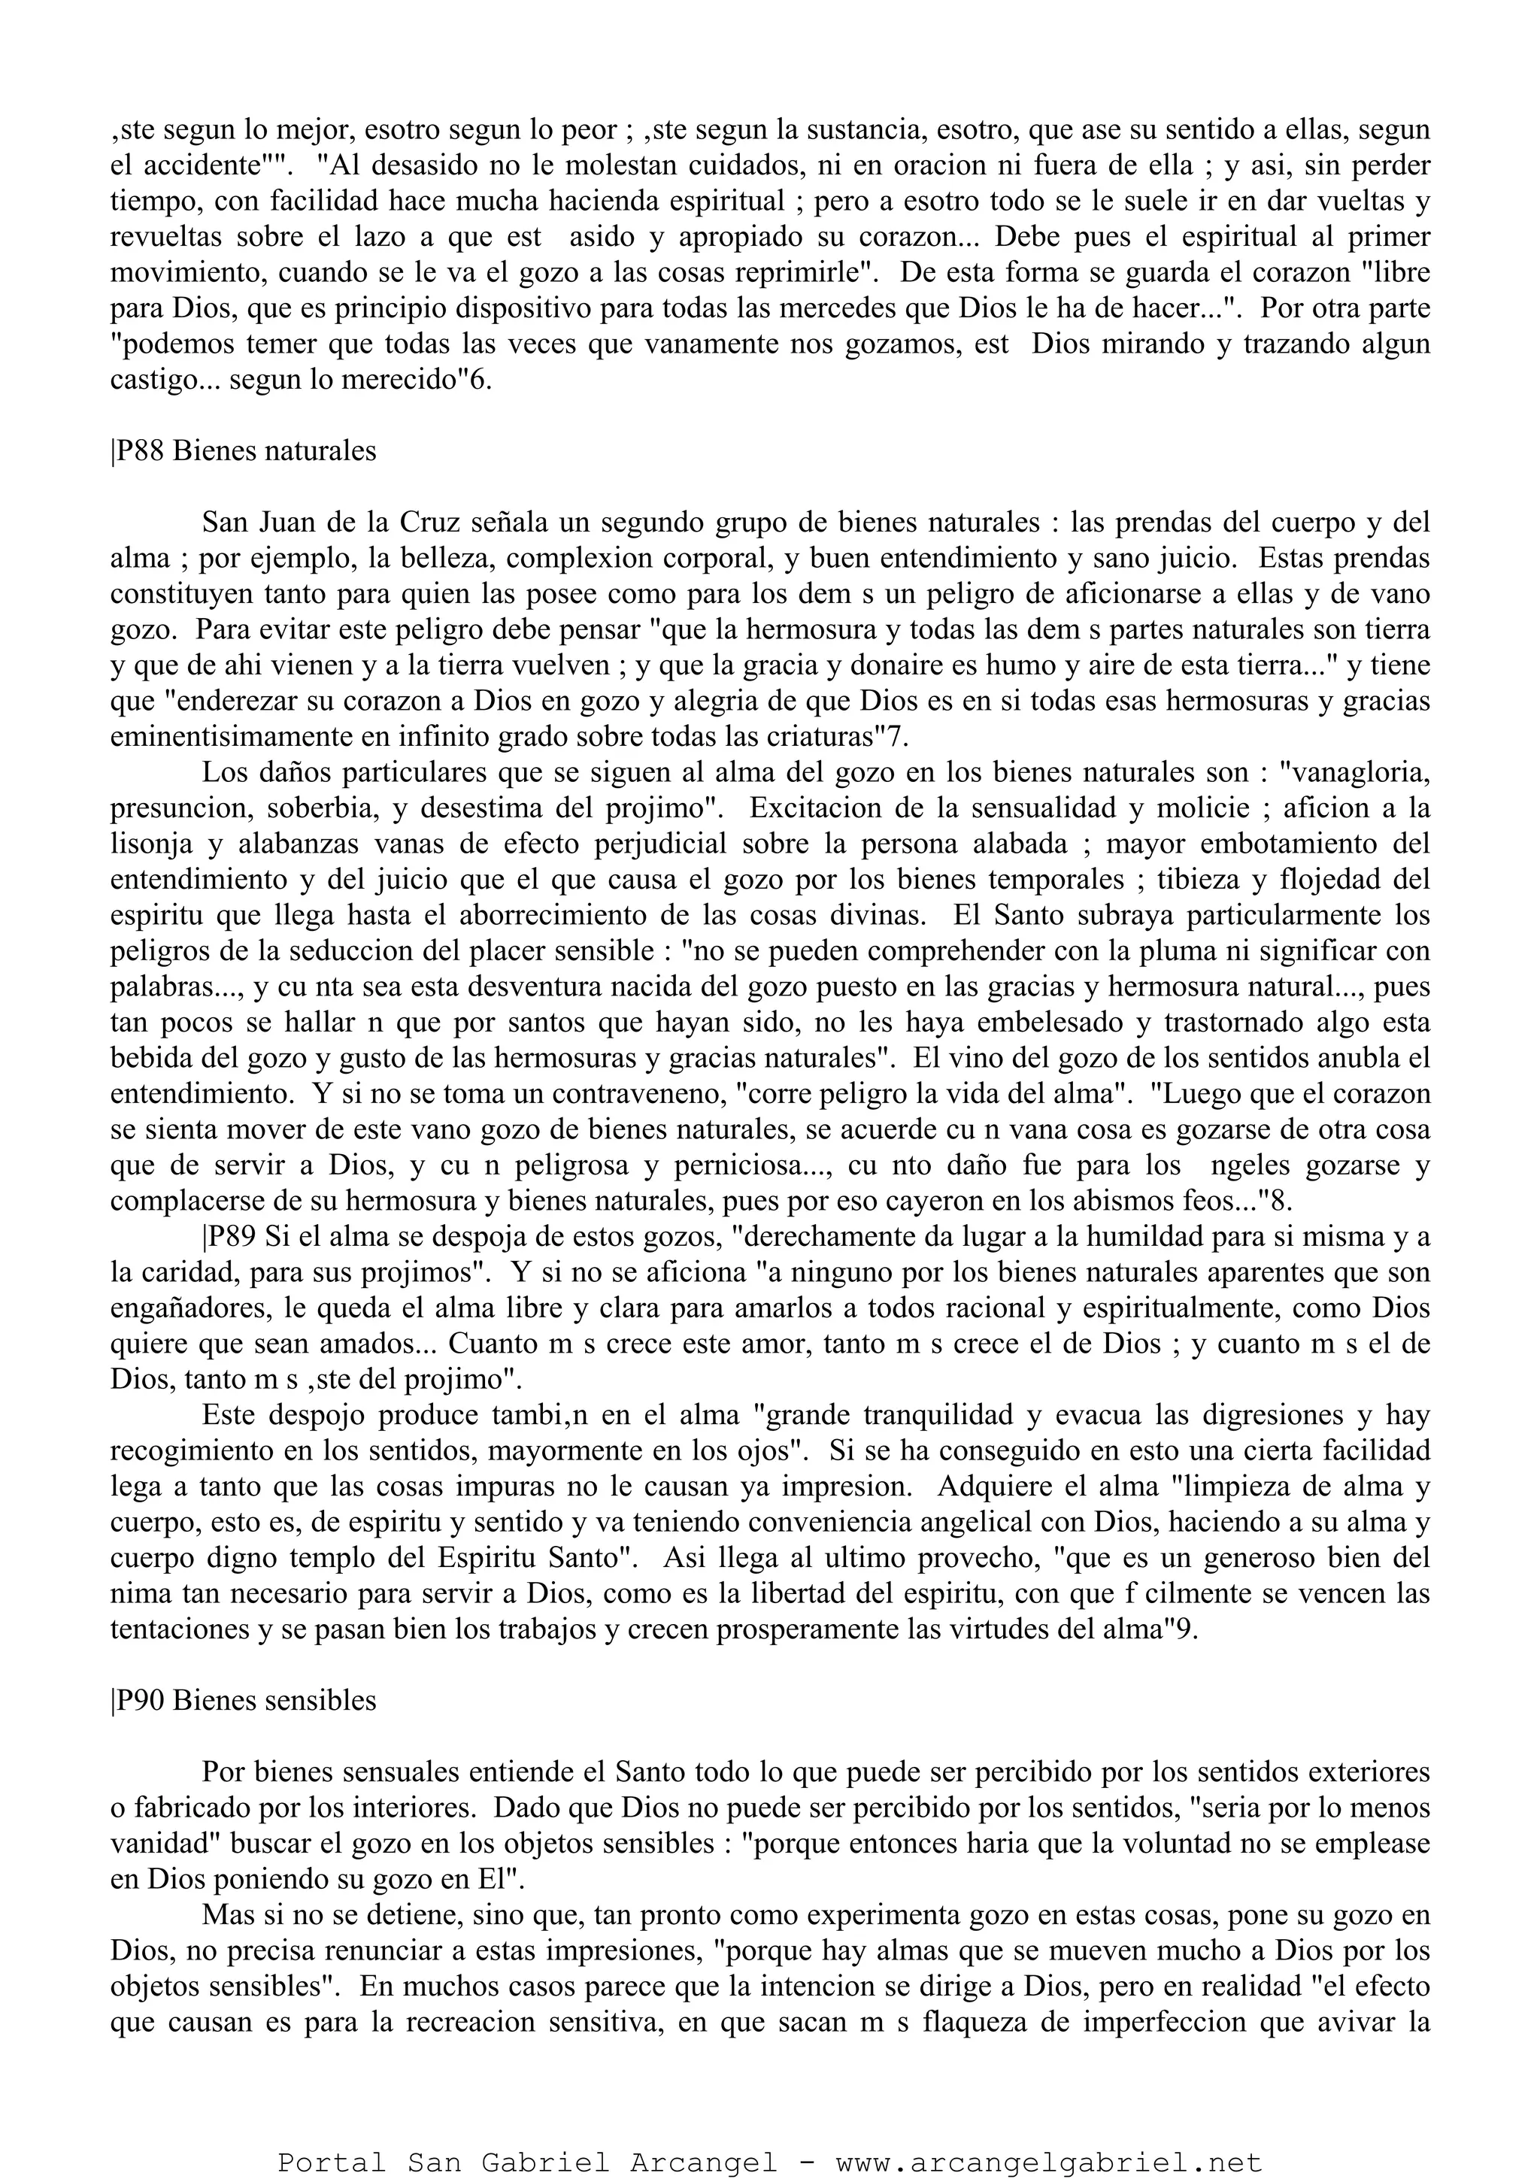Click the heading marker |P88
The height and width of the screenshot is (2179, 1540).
[138, 451]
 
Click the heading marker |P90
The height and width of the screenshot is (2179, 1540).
[138, 1701]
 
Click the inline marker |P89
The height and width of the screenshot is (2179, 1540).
[229, 1238]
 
